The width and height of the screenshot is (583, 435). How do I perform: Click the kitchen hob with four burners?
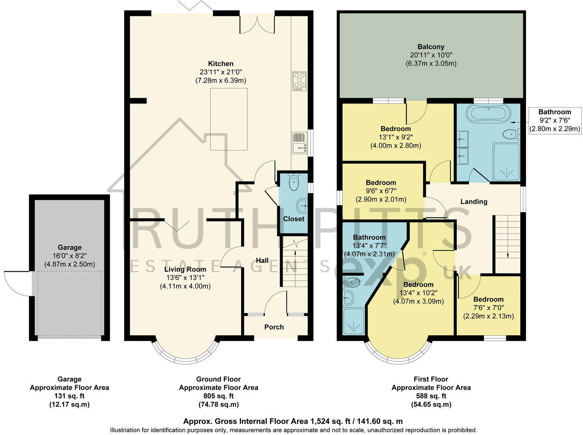(299, 81)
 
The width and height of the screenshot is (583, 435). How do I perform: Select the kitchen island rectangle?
(228, 119)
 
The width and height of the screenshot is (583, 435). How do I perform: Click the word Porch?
(274, 327)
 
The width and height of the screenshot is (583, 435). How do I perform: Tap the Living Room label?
(185, 269)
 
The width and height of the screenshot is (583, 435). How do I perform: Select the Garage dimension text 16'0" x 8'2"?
(70, 256)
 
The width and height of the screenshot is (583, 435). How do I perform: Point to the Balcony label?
(431, 47)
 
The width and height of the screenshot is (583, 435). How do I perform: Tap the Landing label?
(474, 202)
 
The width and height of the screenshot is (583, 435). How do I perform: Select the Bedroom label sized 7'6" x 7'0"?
(488, 299)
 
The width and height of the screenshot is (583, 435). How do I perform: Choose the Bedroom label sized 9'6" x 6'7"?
(381, 183)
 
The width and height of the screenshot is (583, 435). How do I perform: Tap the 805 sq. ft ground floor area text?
(218, 396)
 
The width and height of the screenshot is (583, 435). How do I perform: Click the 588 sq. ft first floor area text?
(431, 396)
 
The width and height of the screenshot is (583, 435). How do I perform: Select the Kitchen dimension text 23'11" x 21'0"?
(221, 72)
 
